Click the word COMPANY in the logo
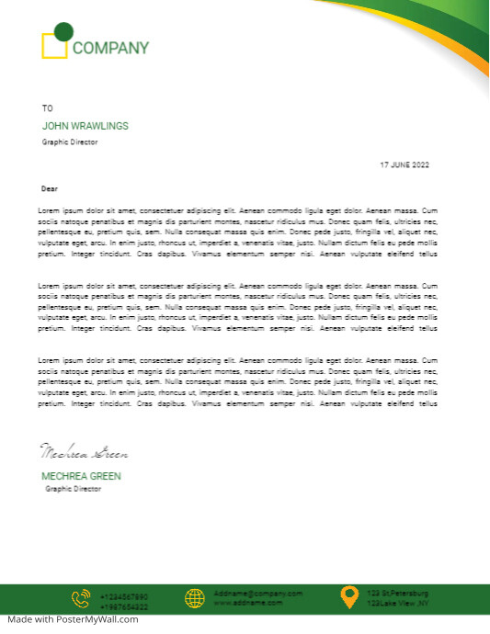pyautogui.click(x=110, y=48)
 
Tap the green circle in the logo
pyautogui.click(x=63, y=32)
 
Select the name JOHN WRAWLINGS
pyautogui.click(x=85, y=126)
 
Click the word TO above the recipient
pyautogui.click(x=48, y=108)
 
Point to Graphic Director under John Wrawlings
pyautogui.click(x=70, y=142)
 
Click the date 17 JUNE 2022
pyautogui.click(x=405, y=164)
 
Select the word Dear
pyautogui.click(x=50, y=188)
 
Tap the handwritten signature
pyautogui.click(x=84, y=452)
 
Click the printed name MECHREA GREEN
pyautogui.click(x=81, y=476)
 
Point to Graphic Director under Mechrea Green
pyautogui.click(x=74, y=489)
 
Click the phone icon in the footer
pyautogui.click(x=81, y=598)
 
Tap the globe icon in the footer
pyautogui.click(x=194, y=598)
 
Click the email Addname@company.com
pyautogui.click(x=257, y=594)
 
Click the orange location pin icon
pyautogui.click(x=348, y=597)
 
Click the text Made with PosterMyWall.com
pyautogui.click(x=69, y=619)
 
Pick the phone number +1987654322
pyautogui.click(x=123, y=607)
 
